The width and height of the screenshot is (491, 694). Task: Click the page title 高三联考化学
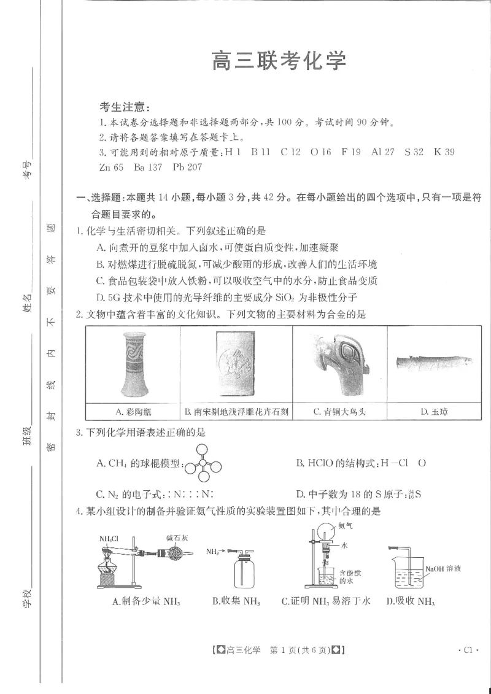(279, 61)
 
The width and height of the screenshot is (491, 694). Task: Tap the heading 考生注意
(125, 107)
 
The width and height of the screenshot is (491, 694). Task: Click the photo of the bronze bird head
(339, 364)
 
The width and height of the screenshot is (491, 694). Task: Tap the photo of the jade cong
(433, 361)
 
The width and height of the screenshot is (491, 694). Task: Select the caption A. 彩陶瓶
(133, 412)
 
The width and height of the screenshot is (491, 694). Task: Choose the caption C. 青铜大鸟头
(339, 412)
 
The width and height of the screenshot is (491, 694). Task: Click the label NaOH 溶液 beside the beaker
(445, 569)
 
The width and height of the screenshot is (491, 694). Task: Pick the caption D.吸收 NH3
(411, 601)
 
